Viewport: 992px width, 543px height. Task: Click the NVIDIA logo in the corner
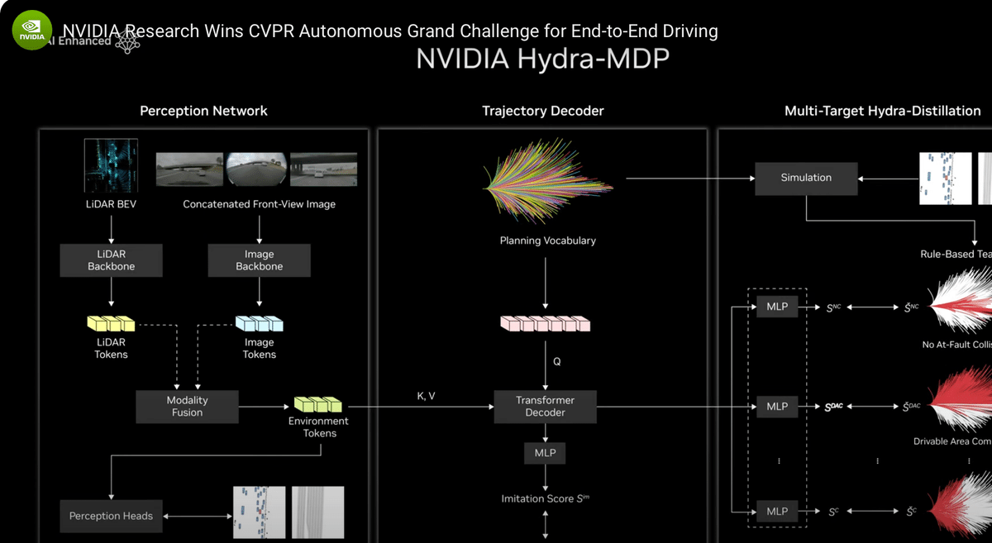pos(31,31)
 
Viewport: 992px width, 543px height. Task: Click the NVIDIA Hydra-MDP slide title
pos(542,60)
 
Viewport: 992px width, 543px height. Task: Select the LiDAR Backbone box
pos(111,260)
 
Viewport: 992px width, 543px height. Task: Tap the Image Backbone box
pos(259,260)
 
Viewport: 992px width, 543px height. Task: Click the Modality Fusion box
pos(187,406)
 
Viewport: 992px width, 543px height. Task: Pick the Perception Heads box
pos(111,516)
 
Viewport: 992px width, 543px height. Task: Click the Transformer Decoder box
pos(545,406)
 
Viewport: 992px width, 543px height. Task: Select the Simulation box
pos(806,178)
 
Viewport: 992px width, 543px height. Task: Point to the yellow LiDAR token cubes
pos(110,323)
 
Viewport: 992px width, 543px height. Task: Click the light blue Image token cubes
pos(259,323)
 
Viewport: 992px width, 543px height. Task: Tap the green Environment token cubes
pos(318,405)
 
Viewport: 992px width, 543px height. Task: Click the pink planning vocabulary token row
pos(546,323)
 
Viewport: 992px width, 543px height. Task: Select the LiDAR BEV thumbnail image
pos(111,166)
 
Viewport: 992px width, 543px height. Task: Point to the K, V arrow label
pos(426,397)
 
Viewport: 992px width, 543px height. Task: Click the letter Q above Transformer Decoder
pos(556,361)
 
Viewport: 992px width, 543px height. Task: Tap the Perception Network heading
pos(203,111)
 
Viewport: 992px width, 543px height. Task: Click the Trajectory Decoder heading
pos(542,111)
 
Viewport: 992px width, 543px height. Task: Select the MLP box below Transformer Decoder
pos(545,453)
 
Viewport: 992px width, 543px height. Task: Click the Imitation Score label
pos(546,498)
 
